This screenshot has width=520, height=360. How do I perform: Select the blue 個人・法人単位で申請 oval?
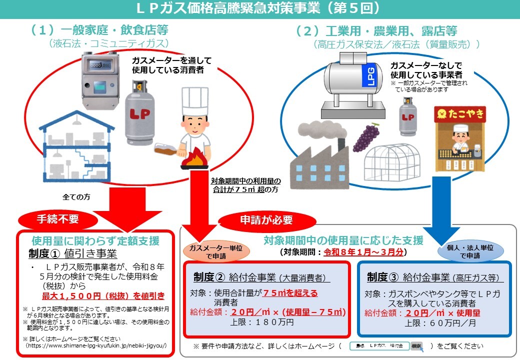pyautogui.click(x=469, y=251)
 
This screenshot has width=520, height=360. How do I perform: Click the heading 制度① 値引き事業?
pyautogui.click(x=72, y=253)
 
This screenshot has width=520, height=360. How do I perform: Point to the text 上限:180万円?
pyautogui.click(x=262, y=323)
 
